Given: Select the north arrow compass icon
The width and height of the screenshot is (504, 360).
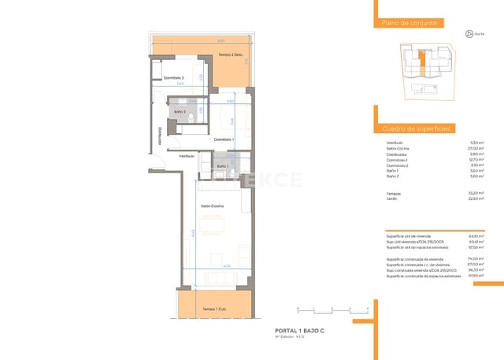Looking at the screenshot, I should (x=469, y=33).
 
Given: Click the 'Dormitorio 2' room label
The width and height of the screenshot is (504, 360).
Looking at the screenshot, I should (x=173, y=78).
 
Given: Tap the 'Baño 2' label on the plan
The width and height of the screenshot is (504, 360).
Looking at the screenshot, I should (x=180, y=113).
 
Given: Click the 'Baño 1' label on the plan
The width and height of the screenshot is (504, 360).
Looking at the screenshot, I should (x=223, y=166).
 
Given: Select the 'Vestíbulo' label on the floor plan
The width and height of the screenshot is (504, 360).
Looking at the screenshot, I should (x=187, y=156).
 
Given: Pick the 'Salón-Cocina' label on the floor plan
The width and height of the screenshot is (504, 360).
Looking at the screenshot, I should (x=212, y=206).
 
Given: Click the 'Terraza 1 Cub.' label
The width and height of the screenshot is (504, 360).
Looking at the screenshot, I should (x=212, y=309).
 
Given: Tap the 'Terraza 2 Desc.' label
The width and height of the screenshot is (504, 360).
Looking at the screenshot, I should (x=230, y=54).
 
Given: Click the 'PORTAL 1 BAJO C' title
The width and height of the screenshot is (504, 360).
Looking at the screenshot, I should (x=300, y=331).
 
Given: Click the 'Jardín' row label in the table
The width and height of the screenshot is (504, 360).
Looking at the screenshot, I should (x=393, y=199).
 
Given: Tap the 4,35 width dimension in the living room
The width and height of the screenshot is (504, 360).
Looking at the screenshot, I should (x=226, y=267).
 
